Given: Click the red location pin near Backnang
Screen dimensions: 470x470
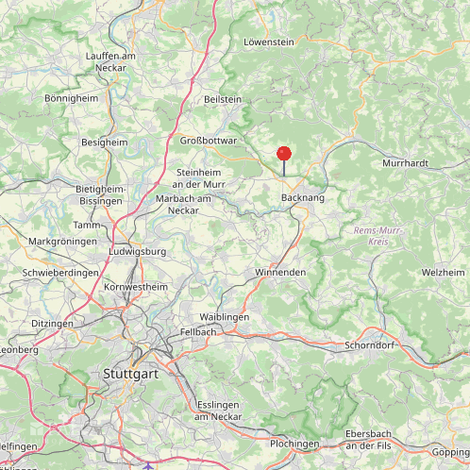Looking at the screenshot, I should click(x=284, y=154).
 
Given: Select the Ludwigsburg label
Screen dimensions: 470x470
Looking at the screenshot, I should click(x=138, y=252).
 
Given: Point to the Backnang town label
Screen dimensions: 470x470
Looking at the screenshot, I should click(x=302, y=198).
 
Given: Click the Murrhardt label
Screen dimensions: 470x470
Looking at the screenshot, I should click(x=406, y=163).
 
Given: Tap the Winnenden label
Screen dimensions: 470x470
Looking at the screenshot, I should click(x=280, y=272).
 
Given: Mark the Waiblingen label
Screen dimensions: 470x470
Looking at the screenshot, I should click(x=225, y=317).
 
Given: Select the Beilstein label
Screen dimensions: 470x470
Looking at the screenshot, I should click(x=223, y=99).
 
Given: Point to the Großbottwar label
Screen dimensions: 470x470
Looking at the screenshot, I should click(x=209, y=141).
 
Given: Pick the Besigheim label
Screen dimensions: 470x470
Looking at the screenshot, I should click(x=105, y=142).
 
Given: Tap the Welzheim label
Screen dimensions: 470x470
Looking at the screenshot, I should click(x=443, y=272).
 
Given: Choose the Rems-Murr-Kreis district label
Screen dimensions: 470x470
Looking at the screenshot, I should click(x=371, y=236).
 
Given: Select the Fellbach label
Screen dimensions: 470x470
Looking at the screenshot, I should click(x=199, y=332).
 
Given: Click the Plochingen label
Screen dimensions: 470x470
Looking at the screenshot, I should click(x=294, y=444).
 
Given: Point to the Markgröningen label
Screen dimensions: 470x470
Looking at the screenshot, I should click(x=63, y=242).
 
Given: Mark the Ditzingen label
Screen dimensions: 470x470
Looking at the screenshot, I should click(x=52, y=324).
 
